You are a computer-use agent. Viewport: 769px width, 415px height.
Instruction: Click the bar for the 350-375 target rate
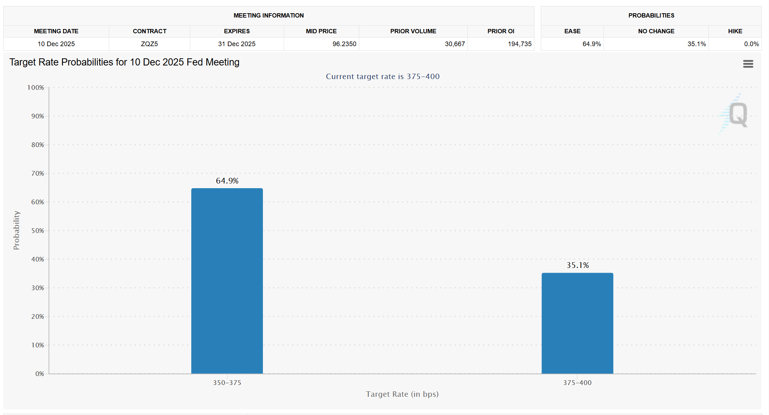tap(227, 281)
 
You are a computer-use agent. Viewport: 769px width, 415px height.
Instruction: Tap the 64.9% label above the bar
tap(227, 181)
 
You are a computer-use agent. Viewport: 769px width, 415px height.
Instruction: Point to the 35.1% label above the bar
tap(577, 265)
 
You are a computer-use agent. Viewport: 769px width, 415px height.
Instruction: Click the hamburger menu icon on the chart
tap(748, 64)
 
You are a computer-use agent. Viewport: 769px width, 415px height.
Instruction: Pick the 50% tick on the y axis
tap(38, 231)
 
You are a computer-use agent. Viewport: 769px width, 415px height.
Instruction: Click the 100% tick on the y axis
tap(36, 88)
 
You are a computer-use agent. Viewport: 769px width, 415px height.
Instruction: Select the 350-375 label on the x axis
tap(227, 383)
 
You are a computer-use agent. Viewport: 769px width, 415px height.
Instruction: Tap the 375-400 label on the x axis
tap(577, 383)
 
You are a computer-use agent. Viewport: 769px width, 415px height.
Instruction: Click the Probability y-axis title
tap(16, 230)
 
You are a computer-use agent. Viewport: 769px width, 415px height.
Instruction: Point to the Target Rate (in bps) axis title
tap(402, 394)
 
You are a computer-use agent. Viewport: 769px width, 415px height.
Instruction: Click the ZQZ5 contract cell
tap(149, 44)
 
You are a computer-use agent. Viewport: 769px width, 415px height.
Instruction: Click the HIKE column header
tap(735, 31)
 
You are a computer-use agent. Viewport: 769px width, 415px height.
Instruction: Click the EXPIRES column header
tap(237, 31)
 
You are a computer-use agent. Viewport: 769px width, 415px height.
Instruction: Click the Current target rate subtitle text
tap(383, 77)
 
